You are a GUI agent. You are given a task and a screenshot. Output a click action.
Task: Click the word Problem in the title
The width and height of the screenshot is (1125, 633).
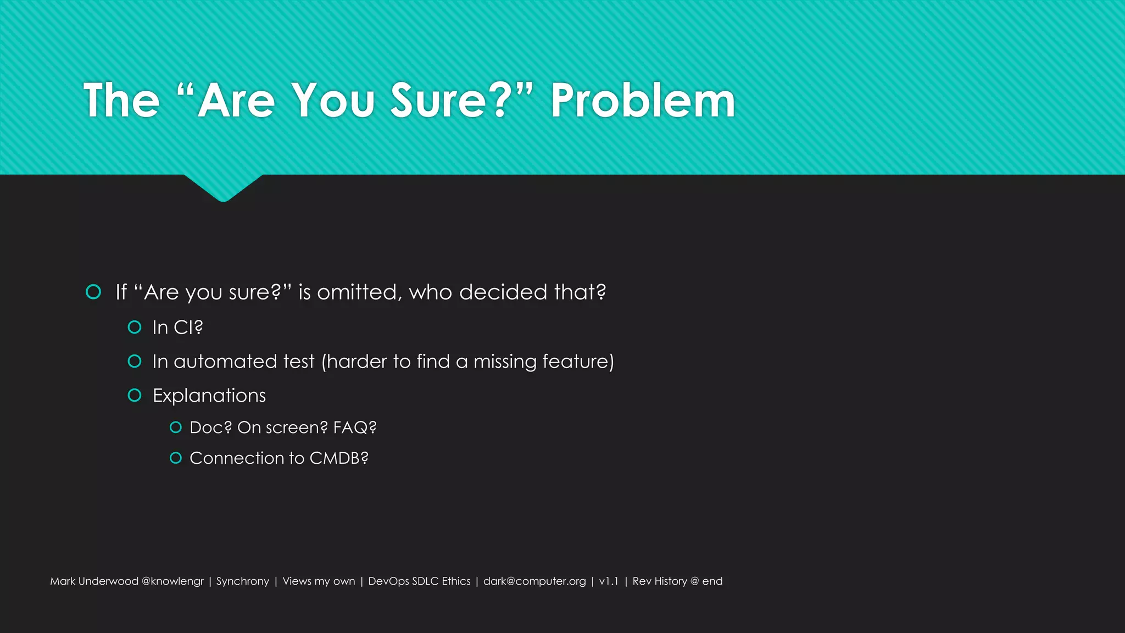click(643, 101)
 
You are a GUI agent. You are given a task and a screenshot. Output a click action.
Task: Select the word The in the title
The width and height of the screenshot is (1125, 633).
click(121, 101)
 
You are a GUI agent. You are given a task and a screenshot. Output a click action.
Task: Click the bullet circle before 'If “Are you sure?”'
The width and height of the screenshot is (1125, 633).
click(93, 292)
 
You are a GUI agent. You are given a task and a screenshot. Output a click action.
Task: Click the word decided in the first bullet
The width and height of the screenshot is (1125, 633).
click(503, 292)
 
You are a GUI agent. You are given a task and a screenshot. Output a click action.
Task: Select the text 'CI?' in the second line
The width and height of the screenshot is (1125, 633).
click(188, 327)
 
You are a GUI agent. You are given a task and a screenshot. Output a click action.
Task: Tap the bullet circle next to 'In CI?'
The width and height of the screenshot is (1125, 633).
click(135, 327)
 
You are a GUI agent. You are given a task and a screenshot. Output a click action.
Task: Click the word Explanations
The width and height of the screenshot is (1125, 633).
click(209, 396)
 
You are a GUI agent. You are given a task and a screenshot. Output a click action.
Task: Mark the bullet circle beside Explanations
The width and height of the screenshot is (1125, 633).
click(135, 395)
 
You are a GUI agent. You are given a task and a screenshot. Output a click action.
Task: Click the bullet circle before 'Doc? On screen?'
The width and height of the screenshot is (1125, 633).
click(176, 427)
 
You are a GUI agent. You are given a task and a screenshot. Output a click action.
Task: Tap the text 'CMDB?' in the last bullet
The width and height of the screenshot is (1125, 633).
click(339, 458)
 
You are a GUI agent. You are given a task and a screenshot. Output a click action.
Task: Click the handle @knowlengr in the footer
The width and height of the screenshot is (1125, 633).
click(172, 581)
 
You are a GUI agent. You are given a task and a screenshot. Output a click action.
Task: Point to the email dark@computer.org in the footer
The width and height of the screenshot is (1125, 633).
click(534, 581)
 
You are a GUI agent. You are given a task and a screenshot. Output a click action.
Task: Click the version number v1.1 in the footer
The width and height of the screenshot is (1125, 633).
click(609, 581)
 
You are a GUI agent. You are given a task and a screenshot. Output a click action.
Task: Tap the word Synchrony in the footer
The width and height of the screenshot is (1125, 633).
click(243, 581)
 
